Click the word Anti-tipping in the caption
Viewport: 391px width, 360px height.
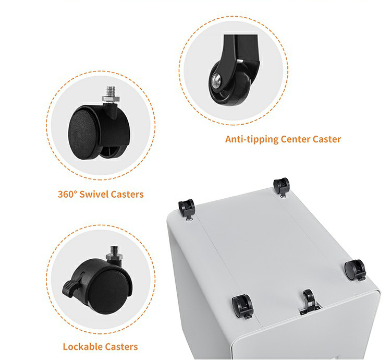click(252, 139)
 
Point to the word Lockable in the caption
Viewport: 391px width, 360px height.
click(82, 347)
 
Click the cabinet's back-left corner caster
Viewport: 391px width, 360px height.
click(187, 208)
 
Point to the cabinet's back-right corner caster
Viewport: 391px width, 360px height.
click(282, 187)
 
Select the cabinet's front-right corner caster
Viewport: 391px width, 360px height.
click(355, 270)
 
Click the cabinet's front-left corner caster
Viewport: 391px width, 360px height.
click(242, 306)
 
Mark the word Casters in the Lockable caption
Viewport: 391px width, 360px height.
click(121, 347)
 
